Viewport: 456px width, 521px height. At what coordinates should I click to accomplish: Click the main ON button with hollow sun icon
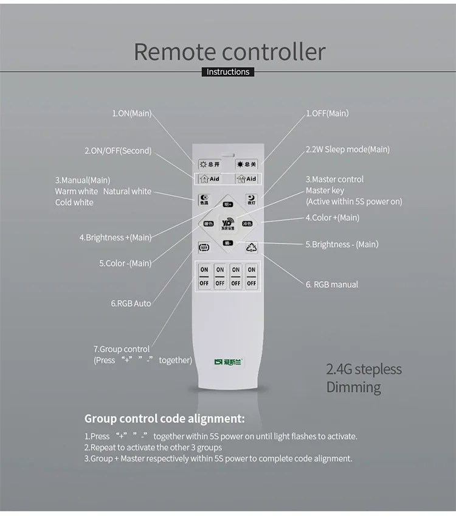pos(210,164)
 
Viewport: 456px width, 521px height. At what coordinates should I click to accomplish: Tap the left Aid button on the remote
pos(210,179)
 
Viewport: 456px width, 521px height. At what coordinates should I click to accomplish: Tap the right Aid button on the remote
pos(247,179)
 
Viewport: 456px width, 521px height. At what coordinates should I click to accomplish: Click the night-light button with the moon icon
pos(251,200)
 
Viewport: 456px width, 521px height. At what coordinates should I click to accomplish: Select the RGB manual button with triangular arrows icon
pos(252,247)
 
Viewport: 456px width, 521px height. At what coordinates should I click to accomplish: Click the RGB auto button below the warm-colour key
pos(204,248)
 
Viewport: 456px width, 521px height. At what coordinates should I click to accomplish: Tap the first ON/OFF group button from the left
pos(204,276)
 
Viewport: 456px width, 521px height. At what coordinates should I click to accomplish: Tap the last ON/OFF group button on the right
pos(251,276)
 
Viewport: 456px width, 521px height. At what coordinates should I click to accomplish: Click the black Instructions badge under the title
pos(228,72)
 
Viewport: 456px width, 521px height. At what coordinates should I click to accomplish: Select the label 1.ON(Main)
pos(132,114)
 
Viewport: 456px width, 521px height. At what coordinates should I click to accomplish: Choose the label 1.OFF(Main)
pos(327,113)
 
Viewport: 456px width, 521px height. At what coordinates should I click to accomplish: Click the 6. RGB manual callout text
pos(332,284)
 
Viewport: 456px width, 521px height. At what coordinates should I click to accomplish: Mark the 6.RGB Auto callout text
pos(131,303)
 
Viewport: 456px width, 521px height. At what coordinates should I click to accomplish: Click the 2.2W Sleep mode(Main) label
pos(347,149)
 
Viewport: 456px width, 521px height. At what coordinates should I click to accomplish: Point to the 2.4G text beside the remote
pos(339,369)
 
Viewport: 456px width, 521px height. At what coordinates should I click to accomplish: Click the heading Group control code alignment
pos(164,419)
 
